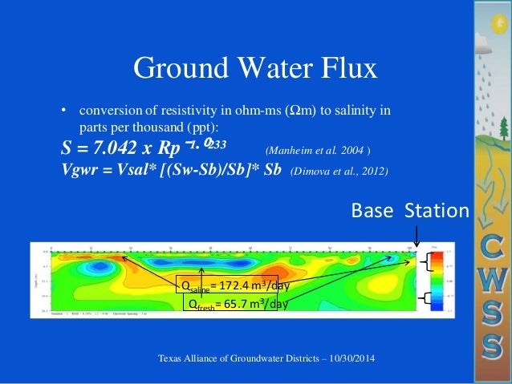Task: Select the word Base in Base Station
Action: [x=372, y=211]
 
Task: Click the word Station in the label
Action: [x=436, y=211]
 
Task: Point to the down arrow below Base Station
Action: [x=416, y=235]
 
